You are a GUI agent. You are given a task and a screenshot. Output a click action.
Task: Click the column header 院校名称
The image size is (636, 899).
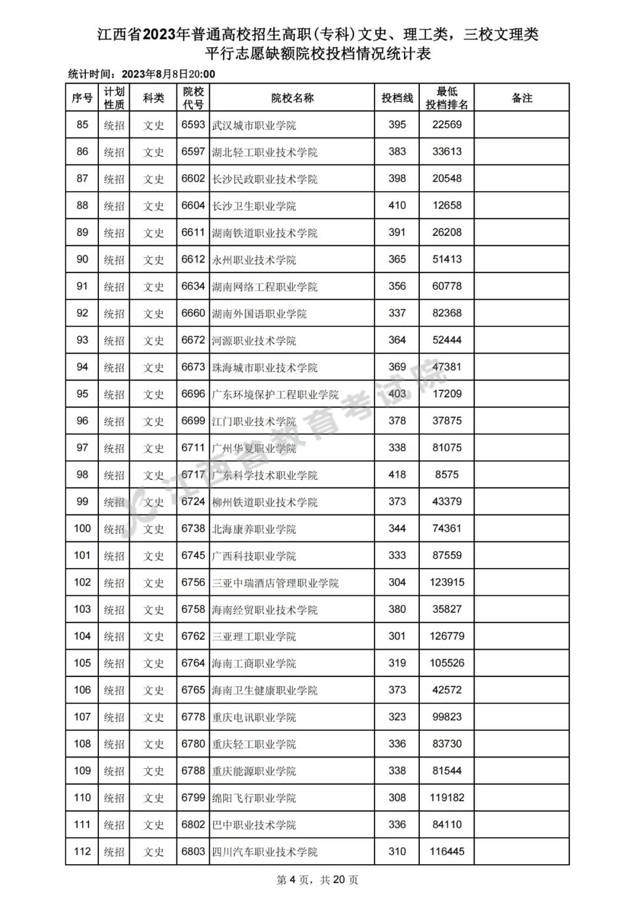[292, 98]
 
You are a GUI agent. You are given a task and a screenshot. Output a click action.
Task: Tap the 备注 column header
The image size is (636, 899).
[521, 98]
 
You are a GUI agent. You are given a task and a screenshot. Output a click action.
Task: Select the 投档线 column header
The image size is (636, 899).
[397, 98]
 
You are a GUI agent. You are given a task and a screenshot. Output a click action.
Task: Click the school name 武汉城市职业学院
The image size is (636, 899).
[254, 125]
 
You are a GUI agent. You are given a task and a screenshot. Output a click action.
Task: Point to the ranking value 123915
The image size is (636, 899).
[447, 582]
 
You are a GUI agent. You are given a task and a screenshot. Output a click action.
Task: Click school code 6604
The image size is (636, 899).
[193, 205]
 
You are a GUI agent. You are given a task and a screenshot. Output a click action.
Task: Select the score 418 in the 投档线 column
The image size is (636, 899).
[397, 475]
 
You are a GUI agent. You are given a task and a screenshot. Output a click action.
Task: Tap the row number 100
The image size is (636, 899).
[82, 529]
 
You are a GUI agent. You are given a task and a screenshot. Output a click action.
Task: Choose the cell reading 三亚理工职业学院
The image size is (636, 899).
[254, 636]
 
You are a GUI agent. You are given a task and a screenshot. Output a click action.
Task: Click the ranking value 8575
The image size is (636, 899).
[447, 475]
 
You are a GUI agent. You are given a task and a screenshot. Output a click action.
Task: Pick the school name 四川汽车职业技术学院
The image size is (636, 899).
[264, 852]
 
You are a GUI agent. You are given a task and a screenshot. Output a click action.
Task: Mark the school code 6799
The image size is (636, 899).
[193, 798]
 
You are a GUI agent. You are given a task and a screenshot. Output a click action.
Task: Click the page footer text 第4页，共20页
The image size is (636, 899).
[317, 880]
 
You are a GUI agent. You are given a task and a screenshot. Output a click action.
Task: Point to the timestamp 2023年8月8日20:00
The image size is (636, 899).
[168, 74]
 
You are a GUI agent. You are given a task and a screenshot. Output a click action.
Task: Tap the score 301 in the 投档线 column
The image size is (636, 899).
[397, 636]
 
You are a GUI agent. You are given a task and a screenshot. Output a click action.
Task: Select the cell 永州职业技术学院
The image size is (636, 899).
[254, 260]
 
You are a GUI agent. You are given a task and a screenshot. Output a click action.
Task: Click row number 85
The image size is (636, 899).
[82, 125]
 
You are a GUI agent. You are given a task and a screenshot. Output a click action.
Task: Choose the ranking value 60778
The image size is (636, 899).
[447, 286]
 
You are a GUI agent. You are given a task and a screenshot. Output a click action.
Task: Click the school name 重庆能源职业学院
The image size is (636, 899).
[254, 771]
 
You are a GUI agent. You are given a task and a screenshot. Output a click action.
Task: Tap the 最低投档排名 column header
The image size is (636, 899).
[447, 98]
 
